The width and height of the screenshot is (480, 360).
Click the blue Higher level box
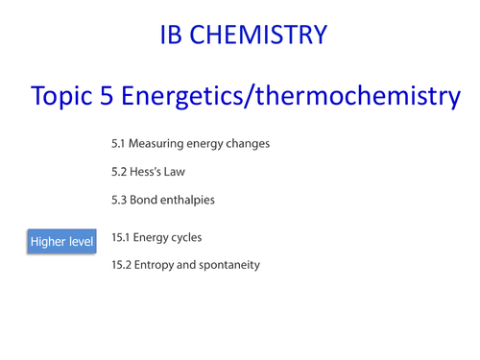[62, 242]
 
